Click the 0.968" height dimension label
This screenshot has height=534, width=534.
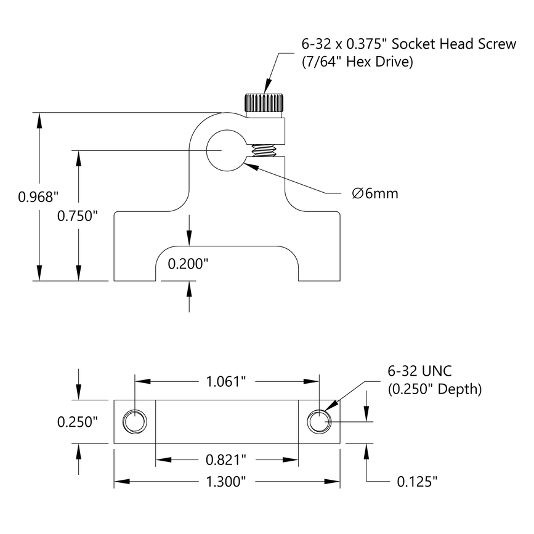pyautogui.click(x=38, y=197)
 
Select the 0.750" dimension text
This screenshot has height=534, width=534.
pyautogui.click(x=78, y=216)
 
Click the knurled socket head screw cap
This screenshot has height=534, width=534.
pyautogui.click(x=264, y=103)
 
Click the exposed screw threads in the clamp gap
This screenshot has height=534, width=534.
pyautogui.click(x=264, y=150)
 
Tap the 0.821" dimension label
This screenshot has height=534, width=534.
pyautogui.click(x=226, y=459)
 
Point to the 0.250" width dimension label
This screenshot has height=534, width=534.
pyautogui.click(x=78, y=422)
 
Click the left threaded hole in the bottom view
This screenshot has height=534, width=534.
pyautogui.click(x=135, y=422)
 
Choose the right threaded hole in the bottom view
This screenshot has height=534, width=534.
pyautogui.click(x=320, y=422)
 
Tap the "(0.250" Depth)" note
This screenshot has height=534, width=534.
pyautogui.click(x=434, y=389)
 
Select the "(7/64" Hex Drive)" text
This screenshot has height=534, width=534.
pyautogui.click(x=357, y=62)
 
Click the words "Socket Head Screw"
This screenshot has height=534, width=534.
pyautogui.click(x=453, y=44)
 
